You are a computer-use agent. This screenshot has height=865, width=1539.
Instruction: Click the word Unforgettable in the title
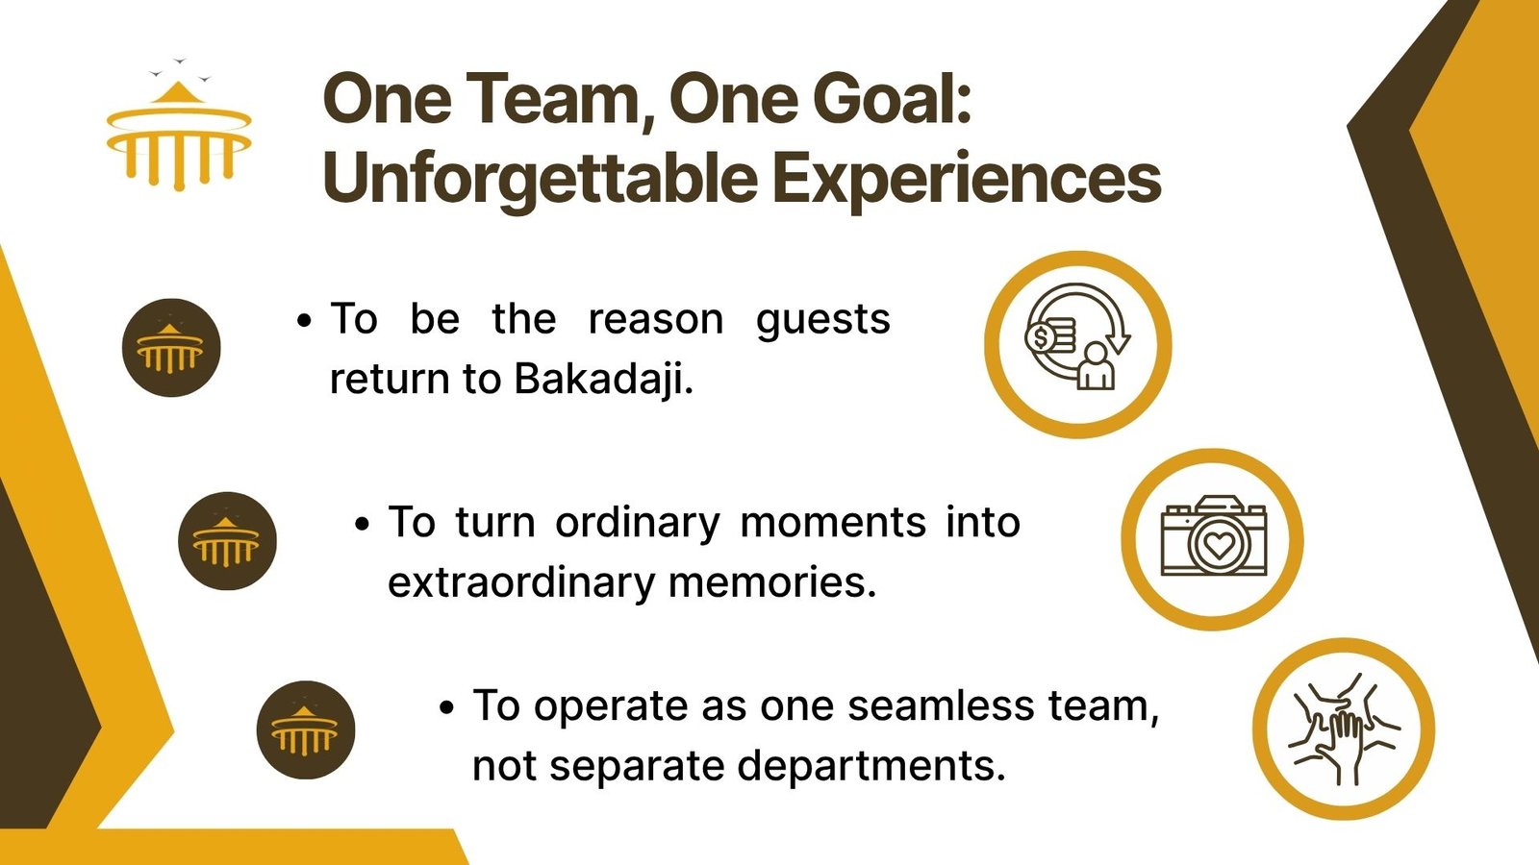click(540, 179)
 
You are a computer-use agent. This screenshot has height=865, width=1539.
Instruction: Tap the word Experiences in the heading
click(966, 179)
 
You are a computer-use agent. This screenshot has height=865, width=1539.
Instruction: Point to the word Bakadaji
click(602, 379)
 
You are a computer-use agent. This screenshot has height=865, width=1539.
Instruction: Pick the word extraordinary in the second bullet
click(521, 583)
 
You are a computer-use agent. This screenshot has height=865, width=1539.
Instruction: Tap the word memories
click(772, 582)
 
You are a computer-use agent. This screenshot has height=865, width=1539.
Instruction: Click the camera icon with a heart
click(1213, 539)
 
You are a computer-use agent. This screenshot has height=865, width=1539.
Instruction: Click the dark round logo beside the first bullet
click(171, 347)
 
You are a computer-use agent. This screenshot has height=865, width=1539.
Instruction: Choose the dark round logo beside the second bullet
click(227, 541)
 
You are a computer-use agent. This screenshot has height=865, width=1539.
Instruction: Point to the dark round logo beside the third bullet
click(306, 729)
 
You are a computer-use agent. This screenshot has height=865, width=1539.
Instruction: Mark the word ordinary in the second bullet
click(638, 523)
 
